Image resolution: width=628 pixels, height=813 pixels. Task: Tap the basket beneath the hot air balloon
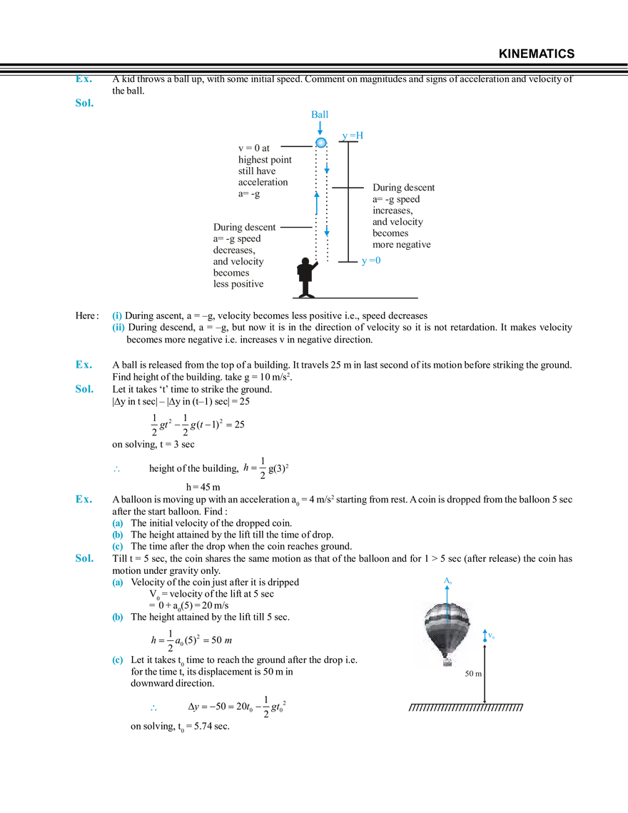(447, 664)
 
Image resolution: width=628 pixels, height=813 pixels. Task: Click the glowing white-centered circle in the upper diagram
(321, 143)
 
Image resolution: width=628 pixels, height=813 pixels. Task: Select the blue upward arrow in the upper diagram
(318, 203)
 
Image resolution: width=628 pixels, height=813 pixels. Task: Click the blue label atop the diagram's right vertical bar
(353, 134)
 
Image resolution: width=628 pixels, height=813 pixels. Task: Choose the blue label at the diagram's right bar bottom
(372, 261)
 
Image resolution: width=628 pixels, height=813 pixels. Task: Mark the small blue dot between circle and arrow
(325, 168)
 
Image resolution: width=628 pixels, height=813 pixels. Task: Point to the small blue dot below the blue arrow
(326, 232)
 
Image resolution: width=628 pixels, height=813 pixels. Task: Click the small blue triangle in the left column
(118, 469)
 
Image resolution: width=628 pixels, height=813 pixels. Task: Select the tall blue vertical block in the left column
(118, 535)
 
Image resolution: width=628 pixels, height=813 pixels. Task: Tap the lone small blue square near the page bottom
(153, 708)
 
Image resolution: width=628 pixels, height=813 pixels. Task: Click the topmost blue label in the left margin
(84, 80)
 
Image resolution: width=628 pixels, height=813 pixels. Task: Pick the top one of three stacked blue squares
(118, 584)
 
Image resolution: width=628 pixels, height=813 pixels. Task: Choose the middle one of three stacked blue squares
(118, 618)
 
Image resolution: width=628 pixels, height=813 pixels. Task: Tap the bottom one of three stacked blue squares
(118, 660)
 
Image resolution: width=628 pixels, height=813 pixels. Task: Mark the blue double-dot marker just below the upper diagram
(119, 323)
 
